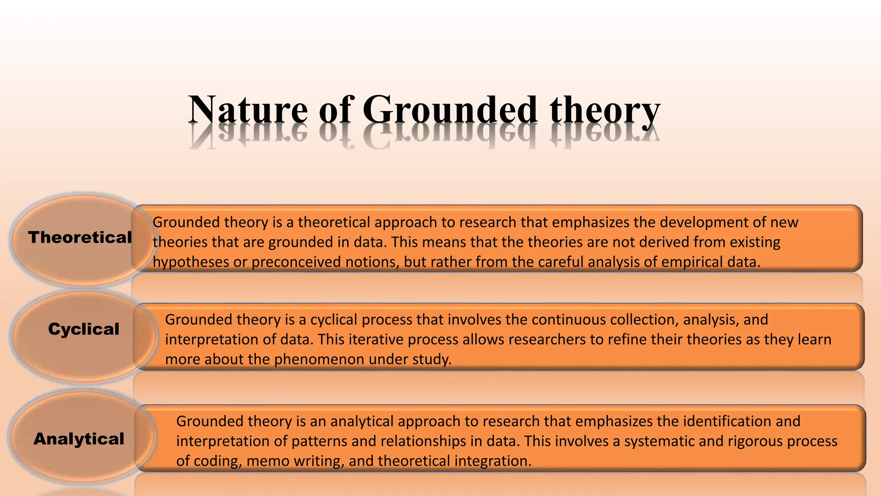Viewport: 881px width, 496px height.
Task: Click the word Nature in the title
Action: coord(248,110)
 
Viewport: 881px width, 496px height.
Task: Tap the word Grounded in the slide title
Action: coord(450,110)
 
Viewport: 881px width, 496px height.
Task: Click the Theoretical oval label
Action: coord(80,237)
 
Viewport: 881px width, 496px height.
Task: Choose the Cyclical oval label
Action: coord(83,329)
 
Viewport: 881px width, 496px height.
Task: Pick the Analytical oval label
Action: coord(79,439)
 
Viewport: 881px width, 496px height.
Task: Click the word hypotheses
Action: coord(191,262)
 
